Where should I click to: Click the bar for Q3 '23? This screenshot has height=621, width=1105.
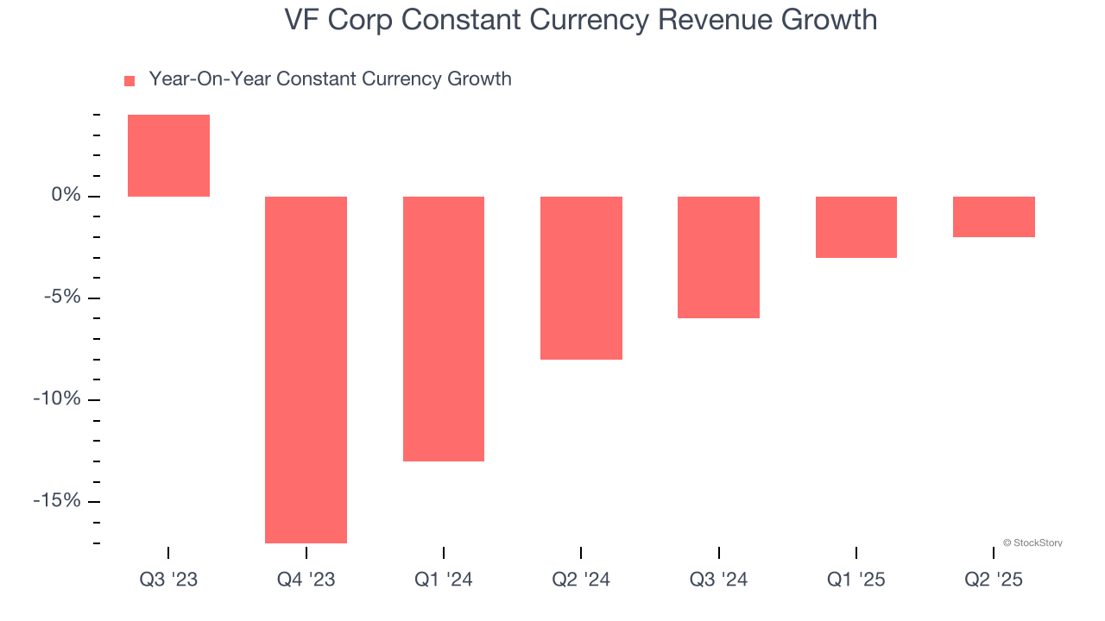(168, 156)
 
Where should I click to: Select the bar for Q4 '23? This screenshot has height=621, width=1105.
(306, 369)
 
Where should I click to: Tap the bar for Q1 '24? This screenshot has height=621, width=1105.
(443, 329)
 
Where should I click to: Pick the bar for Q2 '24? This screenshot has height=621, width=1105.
(581, 278)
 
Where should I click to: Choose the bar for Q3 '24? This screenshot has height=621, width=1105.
(718, 257)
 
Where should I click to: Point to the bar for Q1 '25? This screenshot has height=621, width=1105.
(856, 227)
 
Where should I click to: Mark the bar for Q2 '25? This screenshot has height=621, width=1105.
(994, 216)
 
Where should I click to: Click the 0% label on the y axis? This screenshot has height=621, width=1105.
(66, 196)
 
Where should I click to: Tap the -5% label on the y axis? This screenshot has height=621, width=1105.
(63, 298)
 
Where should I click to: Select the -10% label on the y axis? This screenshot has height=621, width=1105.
(59, 399)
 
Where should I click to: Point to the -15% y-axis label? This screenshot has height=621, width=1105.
(59, 501)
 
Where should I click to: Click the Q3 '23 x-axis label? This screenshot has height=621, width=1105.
(168, 580)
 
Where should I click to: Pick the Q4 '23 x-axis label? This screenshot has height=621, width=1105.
(306, 580)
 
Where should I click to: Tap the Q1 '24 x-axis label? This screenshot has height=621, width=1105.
(443, 580)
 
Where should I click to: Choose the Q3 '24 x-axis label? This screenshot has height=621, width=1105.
(718, 580)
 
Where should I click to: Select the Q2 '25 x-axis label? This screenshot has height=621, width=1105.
(994, 580)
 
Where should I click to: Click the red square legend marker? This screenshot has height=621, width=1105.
(129, 81)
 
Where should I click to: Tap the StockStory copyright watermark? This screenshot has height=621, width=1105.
(1032, 543)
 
